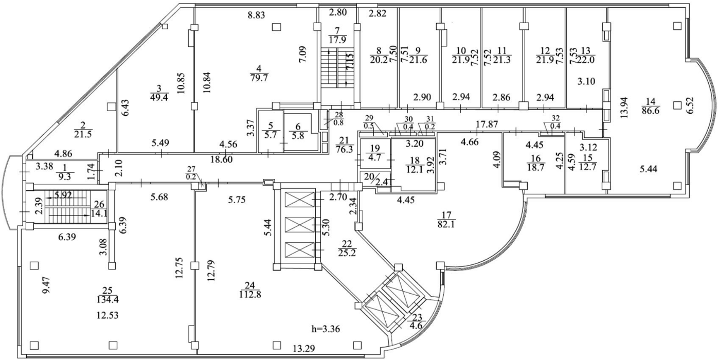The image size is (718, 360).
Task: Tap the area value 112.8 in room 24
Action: pos(250,294)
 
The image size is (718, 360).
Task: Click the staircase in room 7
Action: pos(337,66)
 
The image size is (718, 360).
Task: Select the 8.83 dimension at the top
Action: pos(256,16)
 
